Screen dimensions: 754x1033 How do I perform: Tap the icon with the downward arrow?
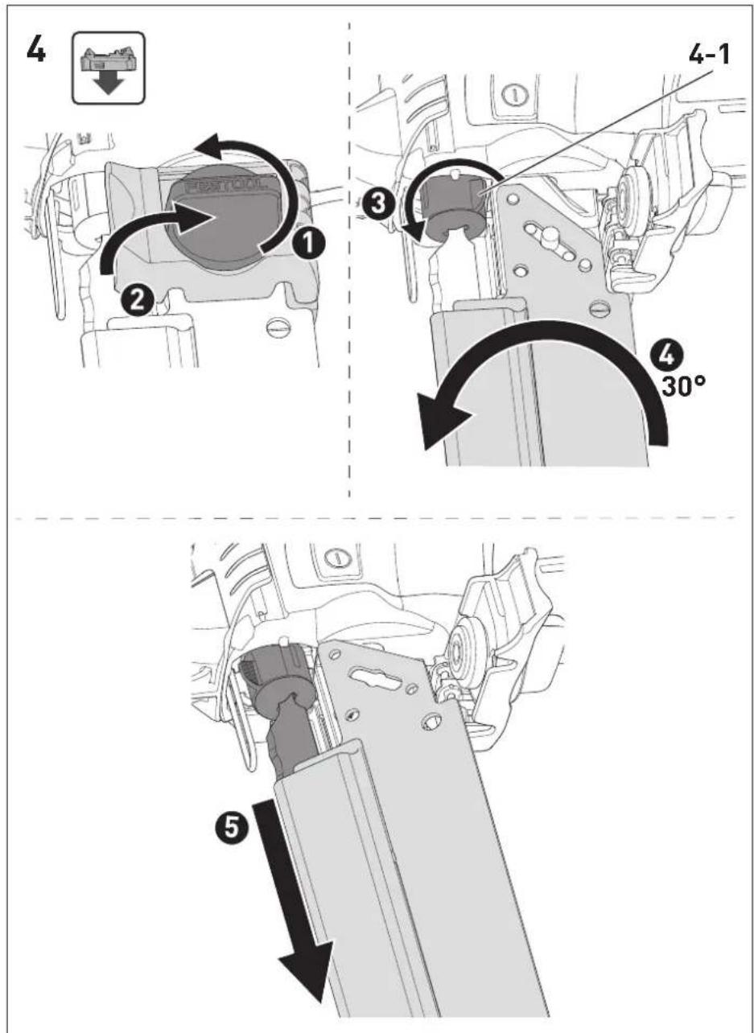(x=109, y=68)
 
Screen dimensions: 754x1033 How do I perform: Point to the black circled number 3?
(x=379, y=204)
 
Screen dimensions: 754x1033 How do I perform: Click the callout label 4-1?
(x=709, y=55)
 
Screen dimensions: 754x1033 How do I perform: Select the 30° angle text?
(x=683, y=385)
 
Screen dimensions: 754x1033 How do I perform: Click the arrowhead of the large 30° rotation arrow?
(x=443, y=420)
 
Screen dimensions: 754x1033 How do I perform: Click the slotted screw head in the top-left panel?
(x=279, y=328)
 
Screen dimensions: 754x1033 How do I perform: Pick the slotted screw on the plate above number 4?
(x=602, y=309)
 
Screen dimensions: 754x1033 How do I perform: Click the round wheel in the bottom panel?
(x=464, y=652)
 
